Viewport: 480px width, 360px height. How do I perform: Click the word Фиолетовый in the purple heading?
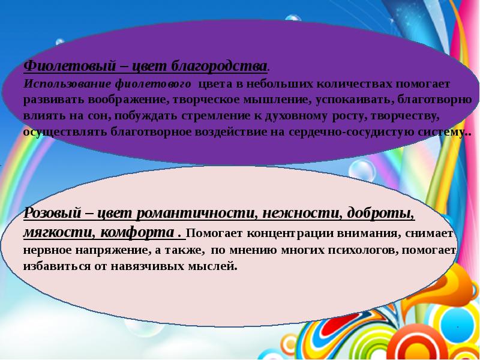[x=70, y=65]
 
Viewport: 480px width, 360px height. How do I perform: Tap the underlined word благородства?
[x=218, y=66]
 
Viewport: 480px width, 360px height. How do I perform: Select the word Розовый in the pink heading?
[x=53, y=213]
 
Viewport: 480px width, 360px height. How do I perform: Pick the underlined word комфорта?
[x=137, y=233]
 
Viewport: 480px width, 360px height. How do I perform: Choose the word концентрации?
[x=290, y=233]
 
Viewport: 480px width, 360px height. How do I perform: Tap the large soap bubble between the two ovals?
[x=362, y=170]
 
